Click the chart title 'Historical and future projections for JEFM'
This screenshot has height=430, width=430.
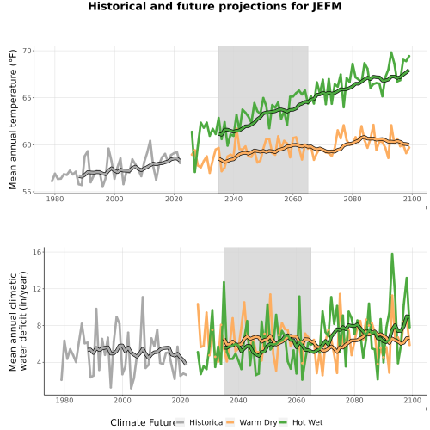215,6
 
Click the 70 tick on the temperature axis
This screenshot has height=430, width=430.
27,51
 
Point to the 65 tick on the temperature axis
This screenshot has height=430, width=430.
27,98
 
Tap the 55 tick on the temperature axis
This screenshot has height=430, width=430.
27,192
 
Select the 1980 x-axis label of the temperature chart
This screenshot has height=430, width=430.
55,199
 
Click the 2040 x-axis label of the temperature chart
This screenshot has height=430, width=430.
233,199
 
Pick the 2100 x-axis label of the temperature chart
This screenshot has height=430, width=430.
412,199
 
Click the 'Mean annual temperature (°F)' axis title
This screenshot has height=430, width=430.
13,120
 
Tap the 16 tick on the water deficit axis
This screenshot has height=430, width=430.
38,252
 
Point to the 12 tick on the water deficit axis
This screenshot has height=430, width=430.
38,289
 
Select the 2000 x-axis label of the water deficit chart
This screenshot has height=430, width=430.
122,400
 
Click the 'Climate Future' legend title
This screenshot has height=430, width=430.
143,422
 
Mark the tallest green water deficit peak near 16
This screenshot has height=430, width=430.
392,254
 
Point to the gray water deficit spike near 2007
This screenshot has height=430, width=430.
143,298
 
